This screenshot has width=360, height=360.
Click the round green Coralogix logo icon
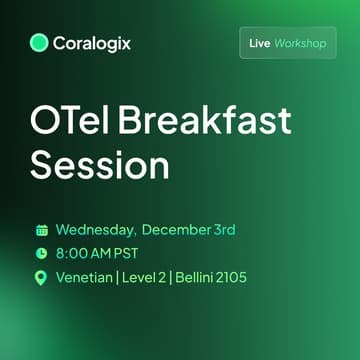(39, 42)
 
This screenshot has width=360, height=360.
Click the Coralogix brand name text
(93, 43)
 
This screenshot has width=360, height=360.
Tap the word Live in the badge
(259, 44)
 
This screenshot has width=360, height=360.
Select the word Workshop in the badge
(301, 44)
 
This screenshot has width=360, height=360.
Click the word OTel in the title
(71, 123)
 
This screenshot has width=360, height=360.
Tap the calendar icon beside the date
(41, 230)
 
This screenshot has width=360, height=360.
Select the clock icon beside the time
(41, 253)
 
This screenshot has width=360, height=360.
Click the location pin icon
(41, 277)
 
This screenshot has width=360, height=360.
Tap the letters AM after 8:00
(107, 253)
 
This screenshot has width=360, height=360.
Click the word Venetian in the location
(87, 277)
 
